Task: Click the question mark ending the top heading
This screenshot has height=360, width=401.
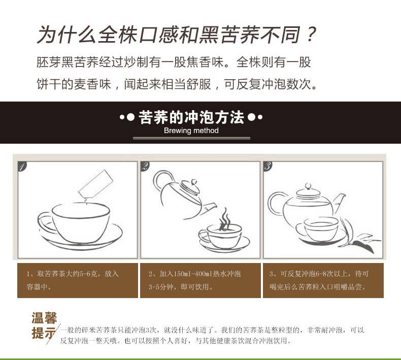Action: click(311, 34)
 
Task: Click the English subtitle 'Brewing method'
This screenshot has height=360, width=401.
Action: click(191, 130)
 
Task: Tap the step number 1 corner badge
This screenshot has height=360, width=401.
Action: click(22, 167)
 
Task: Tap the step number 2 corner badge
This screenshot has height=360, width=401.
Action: click(145, 167)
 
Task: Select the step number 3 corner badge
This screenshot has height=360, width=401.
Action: click(268, 167)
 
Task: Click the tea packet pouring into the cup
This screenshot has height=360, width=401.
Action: click(95, 184)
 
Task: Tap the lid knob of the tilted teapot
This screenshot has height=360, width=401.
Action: click(194, 182)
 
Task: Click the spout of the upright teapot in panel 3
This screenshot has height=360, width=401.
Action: click(339, 203)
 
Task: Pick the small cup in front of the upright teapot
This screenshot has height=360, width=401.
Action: click(321, 228)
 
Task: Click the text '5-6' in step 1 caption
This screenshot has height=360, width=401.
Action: click(85, 274)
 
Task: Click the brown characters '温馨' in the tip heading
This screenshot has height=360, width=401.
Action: click(44, 318)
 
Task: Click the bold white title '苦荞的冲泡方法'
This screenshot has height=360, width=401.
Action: click(191, 117)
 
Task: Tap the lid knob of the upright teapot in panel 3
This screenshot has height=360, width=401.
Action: click(308, 186)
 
